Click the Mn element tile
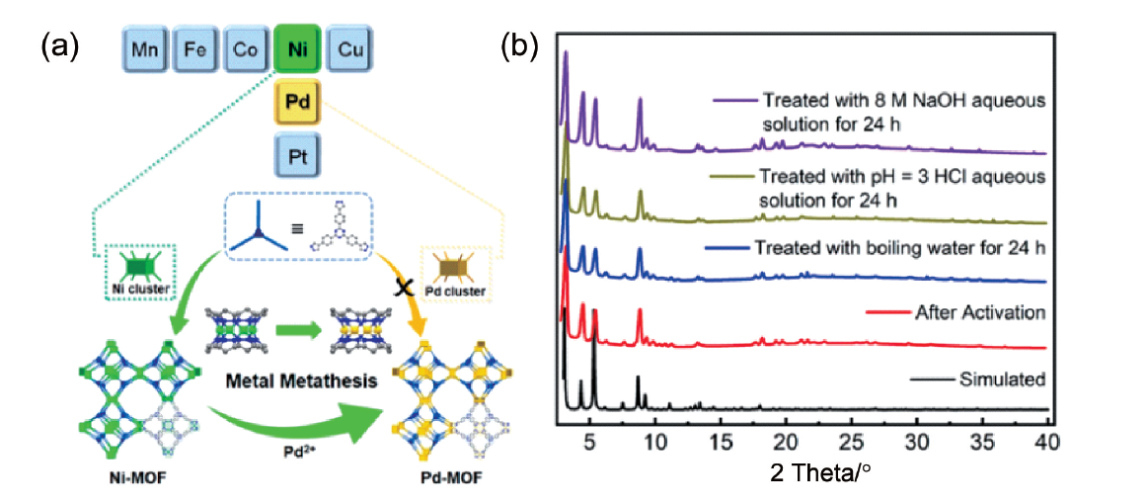pyautogui.click(x=144, y=49)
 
